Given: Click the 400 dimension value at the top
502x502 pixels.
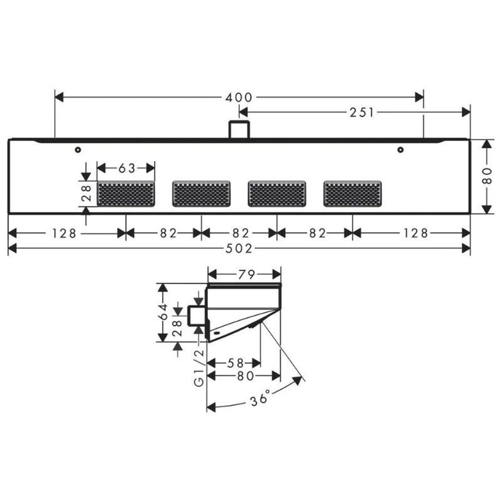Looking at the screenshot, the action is coord(239,97).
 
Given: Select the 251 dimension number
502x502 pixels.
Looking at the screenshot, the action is coord(362,112).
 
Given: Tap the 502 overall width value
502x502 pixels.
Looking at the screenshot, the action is coord(239,248).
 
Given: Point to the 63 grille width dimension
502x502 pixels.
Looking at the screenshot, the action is coord(127,168).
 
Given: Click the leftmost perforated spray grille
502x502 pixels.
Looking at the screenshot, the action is coord(126,194).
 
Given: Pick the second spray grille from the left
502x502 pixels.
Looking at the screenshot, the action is coord(201,194).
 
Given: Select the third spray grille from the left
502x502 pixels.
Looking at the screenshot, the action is coord(277,194).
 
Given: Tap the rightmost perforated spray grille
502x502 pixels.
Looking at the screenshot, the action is coord(353,194).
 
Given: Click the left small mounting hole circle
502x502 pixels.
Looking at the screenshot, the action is coord(78,149).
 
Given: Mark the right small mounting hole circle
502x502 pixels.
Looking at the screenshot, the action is coord(400,149).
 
